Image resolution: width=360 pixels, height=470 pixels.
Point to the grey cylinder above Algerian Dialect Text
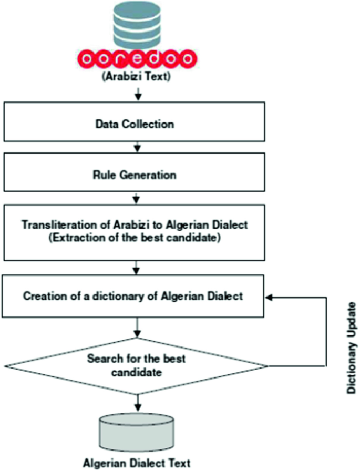pos(138,431)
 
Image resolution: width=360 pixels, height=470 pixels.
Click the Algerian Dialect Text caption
pos(138,463)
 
